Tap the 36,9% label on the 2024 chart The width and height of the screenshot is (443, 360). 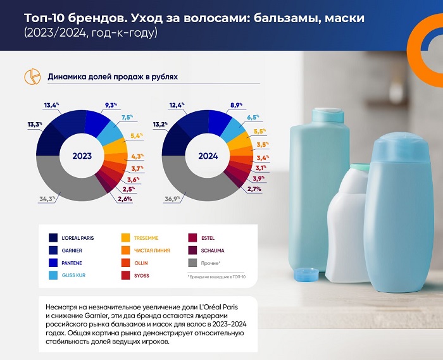pos(173,199)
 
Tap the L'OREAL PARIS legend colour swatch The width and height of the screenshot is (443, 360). pos(55,238)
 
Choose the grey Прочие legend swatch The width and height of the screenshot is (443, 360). pos(194,263)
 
